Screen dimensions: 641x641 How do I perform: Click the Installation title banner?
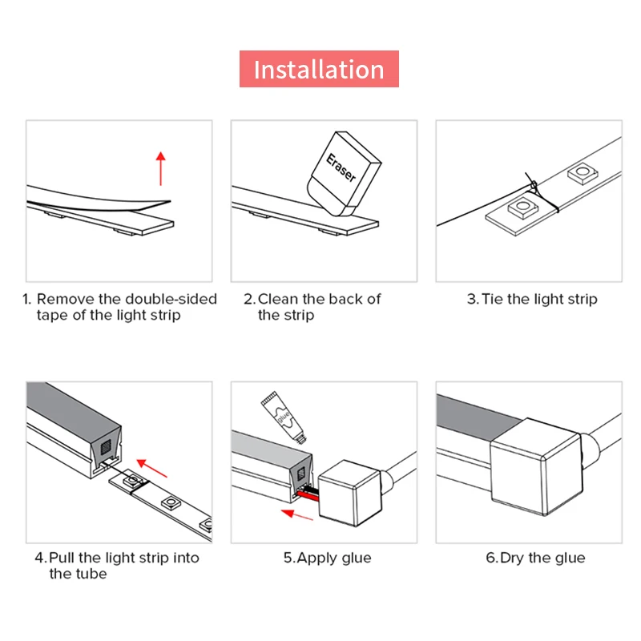click(x=319, y=69)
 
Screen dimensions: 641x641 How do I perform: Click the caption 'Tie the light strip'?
click(x=532, y=299)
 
